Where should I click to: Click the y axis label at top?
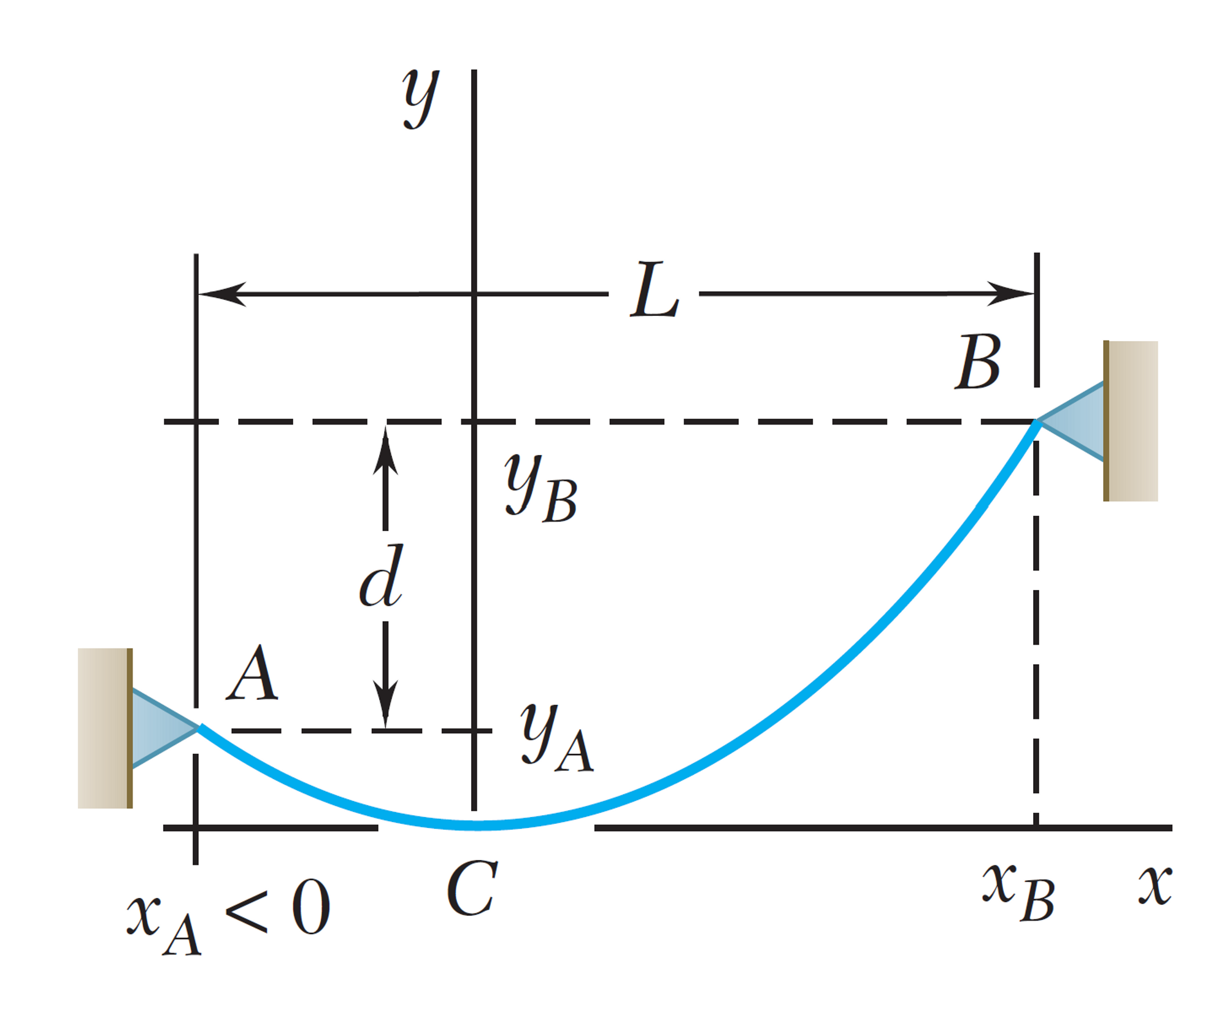point(421,98)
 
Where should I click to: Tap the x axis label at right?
point(1155,884)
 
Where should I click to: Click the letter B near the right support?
point(978,363)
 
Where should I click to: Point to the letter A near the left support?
point(252,673)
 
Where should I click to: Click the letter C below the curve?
point(472,888)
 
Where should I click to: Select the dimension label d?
point(381,577)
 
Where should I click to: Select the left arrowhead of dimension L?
point(221,294)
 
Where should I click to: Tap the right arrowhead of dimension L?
point(1011,293)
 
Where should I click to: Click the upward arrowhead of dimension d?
point(385,451)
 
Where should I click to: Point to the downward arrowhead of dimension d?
point(385,704)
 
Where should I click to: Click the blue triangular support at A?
point(160,728)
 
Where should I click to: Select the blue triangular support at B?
point(1077,421)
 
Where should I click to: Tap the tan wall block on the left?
point(104,728)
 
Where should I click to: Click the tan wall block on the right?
point(1132,421)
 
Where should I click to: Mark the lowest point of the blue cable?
point(479,825)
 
